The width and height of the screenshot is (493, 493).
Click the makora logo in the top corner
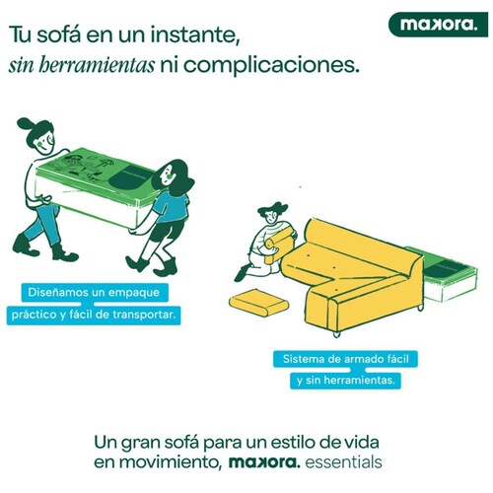coord(438,25)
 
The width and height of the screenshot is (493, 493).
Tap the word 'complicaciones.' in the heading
coord(271,66)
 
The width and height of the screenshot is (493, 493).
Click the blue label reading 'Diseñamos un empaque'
coord(95,293)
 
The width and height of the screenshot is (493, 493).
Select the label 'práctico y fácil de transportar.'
coord(94,316)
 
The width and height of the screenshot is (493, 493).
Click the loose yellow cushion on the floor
coord(258,303)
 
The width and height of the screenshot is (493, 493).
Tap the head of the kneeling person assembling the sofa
coord(271,215)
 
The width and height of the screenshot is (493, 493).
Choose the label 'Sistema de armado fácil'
coord(345,359)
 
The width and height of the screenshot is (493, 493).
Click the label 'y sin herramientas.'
coord(345,381)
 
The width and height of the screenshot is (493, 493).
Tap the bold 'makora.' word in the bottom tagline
coord(264,462)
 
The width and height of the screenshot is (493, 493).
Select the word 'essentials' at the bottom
coord(343,462)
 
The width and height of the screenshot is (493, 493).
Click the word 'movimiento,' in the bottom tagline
coord(170,462)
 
